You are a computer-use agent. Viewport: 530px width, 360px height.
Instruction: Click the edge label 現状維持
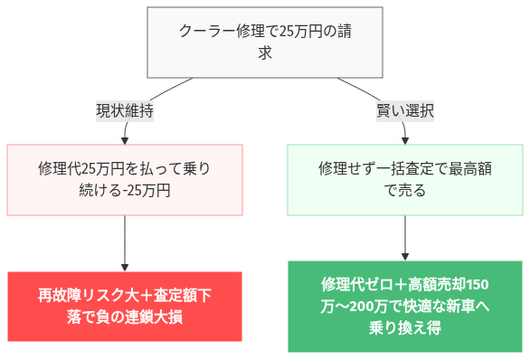(125, 111)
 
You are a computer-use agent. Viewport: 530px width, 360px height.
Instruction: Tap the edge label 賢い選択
(404, 111)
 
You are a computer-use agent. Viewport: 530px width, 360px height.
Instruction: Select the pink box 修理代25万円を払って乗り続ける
(125, 180)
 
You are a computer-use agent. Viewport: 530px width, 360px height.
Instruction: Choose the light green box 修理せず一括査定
(404, 180)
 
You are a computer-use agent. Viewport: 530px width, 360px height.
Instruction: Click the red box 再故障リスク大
(125, 307)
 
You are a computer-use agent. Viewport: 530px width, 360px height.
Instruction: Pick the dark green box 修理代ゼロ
(404, 307)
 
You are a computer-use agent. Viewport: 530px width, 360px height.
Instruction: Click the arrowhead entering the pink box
(125, 139)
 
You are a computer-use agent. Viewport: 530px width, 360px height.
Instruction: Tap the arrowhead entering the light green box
(404, 139)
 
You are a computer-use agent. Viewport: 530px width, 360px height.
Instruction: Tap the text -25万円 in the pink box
(144, 192)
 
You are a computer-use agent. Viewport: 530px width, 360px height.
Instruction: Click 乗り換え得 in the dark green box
(404, 328)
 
